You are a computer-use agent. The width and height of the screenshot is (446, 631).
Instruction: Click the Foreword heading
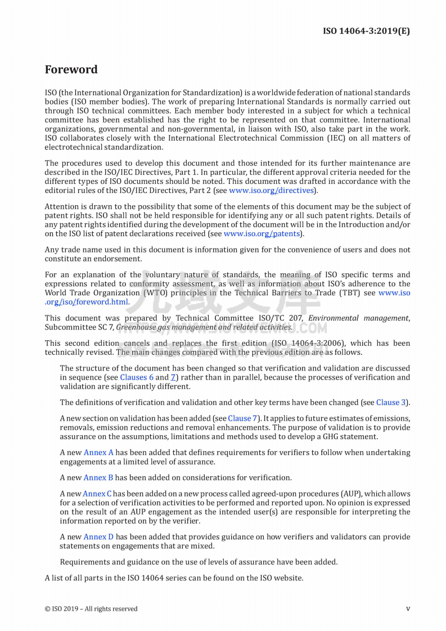point(71,70)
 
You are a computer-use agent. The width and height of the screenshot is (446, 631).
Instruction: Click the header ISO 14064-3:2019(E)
point(366,30)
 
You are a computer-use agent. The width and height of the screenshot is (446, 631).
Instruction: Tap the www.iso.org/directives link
point(271,190)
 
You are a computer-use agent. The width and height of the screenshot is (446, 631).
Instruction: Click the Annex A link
point(98,452)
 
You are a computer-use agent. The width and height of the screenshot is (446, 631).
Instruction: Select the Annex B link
point(98,477)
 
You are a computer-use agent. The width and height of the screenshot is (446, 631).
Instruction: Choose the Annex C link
point(97,493)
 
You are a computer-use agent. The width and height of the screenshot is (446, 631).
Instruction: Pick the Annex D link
point(98,537)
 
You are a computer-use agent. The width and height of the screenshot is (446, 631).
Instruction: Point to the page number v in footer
point(408,609)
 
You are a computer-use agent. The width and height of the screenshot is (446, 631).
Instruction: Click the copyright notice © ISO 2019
point(91,609)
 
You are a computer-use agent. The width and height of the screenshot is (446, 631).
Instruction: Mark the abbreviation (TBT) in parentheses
point(352,292)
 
